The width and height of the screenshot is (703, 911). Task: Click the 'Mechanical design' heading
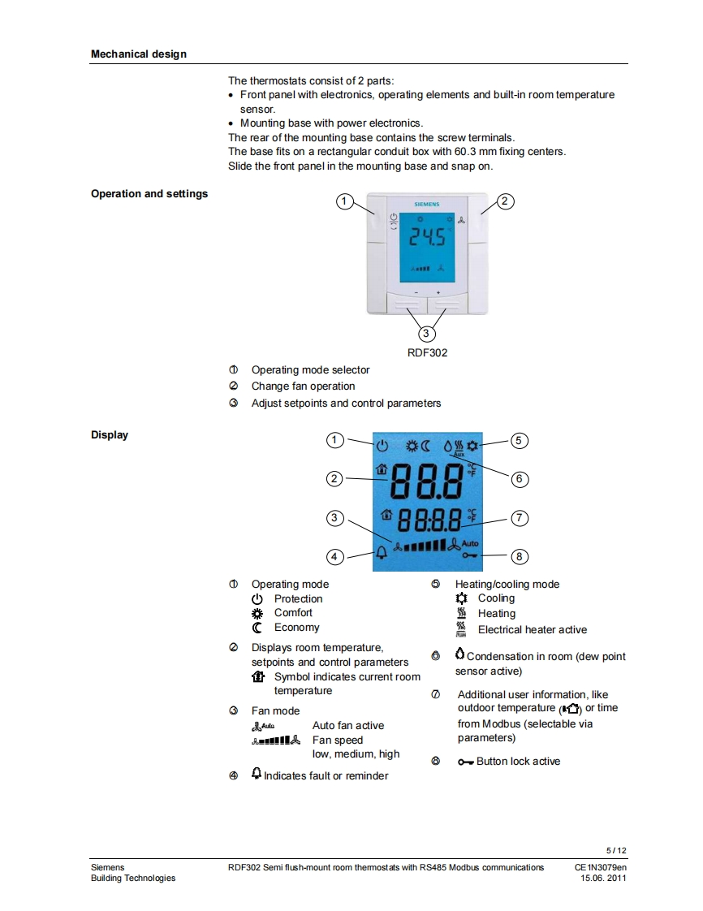(138, 54)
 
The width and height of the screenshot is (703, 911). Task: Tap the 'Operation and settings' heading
(149, 194)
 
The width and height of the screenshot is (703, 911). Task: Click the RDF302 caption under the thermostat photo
(427, 353)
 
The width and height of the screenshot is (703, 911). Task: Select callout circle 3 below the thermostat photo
(426, 334)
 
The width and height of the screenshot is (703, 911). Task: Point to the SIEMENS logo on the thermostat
(426, 205)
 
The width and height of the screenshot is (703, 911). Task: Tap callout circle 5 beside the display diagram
(520, 441)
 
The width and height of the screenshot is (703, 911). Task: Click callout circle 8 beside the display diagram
(520, 557)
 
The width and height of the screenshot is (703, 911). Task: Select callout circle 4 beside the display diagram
(334, 557)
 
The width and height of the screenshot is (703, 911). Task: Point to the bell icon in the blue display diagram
(381, 555)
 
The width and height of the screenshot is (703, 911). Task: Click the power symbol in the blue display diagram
(382, 446)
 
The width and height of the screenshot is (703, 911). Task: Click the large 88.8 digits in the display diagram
(425, 481)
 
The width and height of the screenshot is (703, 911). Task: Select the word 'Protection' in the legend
(298, 599)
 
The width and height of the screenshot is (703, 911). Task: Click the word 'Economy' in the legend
(296, 628)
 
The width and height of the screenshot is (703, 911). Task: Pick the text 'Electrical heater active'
(532, 630)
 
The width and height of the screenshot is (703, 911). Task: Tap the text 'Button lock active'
(518, 762)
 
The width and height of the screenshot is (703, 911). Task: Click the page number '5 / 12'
(616, 850)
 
